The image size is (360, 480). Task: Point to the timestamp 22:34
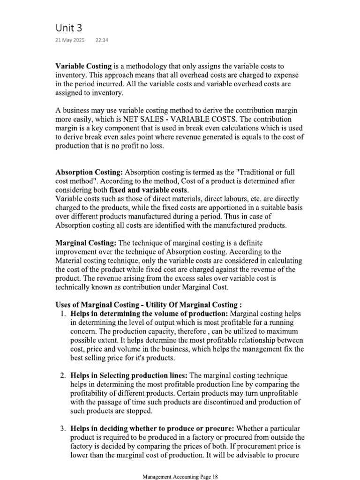(x=102, y=41)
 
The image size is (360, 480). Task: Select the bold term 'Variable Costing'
(x=83, y=66)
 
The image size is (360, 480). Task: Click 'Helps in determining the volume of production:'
(x=150, y=313)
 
